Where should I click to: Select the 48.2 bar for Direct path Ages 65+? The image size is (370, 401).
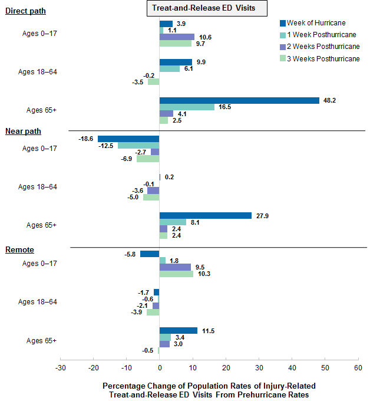[x=239, y=100]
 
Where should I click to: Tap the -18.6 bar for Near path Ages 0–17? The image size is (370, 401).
[x=128, y=139]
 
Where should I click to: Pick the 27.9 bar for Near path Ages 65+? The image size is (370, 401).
[x=206, y=216]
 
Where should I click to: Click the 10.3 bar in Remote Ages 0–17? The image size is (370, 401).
[x=176, y=274]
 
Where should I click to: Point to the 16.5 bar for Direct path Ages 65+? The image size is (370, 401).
[x=187, y=107]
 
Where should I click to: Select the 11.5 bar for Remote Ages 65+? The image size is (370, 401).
[x=179, y=331]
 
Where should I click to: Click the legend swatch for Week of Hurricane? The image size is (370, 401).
[x=282, y=23]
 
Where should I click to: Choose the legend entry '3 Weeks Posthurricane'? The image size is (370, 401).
[x=323, y=58]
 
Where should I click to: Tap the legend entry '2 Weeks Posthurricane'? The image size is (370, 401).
[x=323, y=47]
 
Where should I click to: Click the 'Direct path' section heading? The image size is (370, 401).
[x=25, y=11]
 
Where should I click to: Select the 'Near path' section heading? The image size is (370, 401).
[x=23, y=131]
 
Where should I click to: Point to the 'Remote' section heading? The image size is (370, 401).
[x=19, y=250]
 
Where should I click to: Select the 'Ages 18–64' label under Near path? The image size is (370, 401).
[x=38, y=187]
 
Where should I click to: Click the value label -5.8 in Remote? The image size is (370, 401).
[x=130, y=254]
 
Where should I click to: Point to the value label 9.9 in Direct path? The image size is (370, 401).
[x=201, y=62]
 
